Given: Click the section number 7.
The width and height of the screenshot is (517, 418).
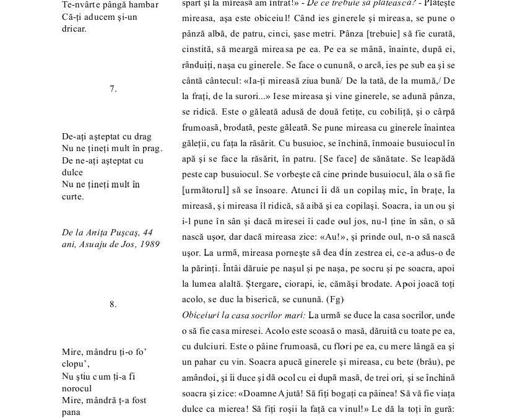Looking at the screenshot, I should coord(113,89).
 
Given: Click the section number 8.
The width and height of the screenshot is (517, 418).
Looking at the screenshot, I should coord(113,304).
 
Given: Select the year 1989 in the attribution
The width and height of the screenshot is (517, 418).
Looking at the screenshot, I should coord(149,244).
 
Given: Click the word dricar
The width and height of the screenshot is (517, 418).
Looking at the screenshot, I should coord(74,28).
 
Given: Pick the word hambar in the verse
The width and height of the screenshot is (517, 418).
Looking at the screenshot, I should coord(143,5).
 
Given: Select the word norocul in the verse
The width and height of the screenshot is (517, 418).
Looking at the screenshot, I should coord(77,388).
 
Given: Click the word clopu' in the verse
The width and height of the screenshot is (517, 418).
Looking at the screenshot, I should coord(76,364).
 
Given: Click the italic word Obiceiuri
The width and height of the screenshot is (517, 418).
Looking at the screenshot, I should coord(203,315).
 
